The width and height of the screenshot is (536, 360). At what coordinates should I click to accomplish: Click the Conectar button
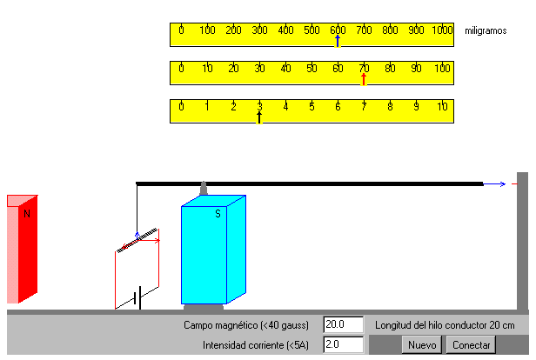(471, 345)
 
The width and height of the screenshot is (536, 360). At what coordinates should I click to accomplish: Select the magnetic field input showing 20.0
(343, 324)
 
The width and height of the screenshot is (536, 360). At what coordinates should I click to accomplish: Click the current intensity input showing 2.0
(343, 344)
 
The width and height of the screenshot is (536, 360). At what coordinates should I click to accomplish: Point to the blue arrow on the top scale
(338, 41)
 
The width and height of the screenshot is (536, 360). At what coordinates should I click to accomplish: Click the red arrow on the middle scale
(364, 79)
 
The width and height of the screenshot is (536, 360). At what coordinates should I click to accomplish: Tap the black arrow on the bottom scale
(259, 117)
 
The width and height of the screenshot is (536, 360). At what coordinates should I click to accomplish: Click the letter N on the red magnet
(27, 214)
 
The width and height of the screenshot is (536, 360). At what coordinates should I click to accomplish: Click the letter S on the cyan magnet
(218, 214)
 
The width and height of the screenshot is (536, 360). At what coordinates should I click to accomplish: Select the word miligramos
(486, 30)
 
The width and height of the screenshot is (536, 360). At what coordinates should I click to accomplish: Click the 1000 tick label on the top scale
(442, 30)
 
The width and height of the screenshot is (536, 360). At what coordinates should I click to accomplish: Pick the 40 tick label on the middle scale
(285, 69)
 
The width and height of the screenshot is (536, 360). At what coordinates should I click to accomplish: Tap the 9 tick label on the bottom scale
(416, 107)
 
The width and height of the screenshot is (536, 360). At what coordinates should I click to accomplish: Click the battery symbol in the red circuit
(137, 299)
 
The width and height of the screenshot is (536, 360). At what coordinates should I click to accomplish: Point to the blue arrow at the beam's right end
(494, 184)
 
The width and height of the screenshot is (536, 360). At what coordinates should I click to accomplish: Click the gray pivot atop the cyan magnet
(204, 188)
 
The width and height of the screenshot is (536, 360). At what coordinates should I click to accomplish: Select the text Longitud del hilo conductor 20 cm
(445, 325)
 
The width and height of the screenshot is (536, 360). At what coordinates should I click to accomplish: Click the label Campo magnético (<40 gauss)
(246, 325)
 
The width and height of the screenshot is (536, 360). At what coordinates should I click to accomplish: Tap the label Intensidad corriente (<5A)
(256, 345)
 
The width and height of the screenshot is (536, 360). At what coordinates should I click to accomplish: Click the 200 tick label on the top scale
(233, 30)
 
